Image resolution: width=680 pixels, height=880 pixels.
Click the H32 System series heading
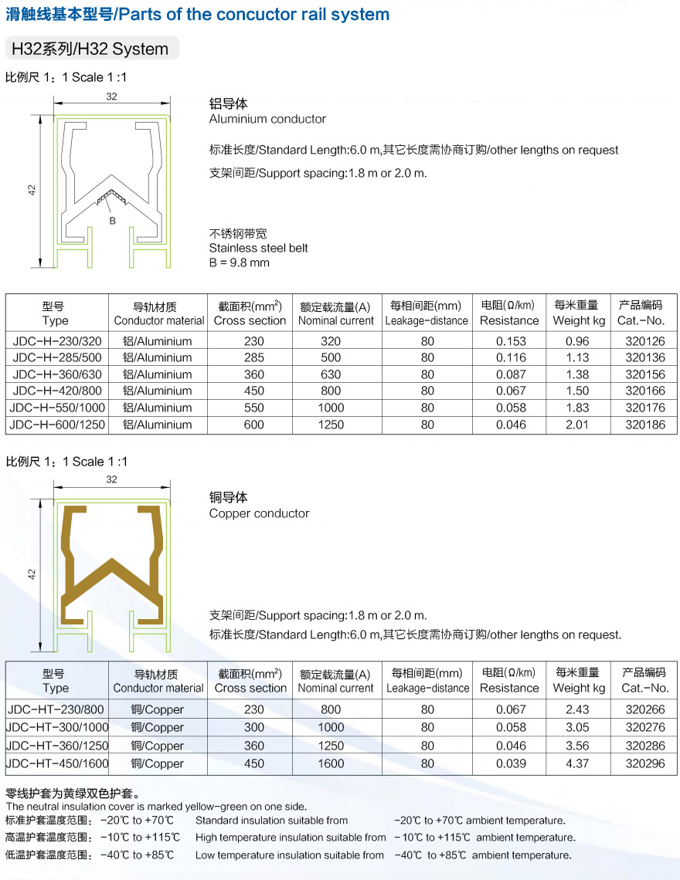[90, 49]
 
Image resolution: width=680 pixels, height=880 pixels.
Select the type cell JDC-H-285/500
[57, 357]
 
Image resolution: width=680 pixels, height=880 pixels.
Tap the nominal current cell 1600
[331, 763]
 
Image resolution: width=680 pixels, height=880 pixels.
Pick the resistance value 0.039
[511, 763]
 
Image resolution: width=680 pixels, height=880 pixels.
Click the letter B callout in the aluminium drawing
[112, 221]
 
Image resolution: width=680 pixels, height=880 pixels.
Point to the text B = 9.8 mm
[240, 262]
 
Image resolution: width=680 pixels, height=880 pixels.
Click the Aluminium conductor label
[267, 119]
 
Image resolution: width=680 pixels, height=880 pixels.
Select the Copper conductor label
[259, 513]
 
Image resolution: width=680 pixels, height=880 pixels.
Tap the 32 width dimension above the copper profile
[112, 479]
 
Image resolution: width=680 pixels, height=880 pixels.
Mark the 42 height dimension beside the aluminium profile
[32, 189]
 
